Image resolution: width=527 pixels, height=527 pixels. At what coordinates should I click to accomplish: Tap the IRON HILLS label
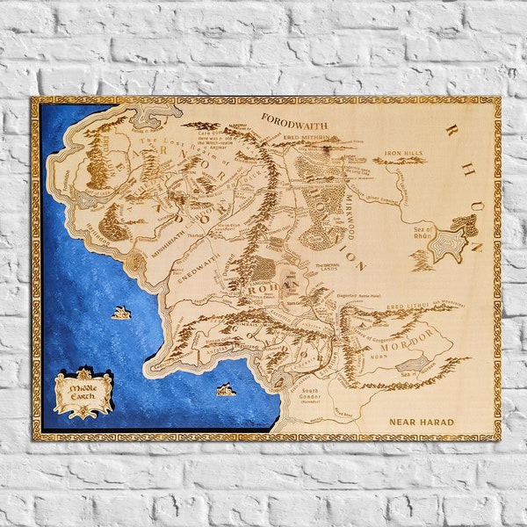pyautogui.click(x=402, y=152)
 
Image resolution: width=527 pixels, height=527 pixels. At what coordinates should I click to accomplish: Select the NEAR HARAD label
pyautogui.click(x=422, y=422)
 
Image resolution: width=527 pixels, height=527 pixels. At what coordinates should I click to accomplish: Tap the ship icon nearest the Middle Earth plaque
pyautogui.click(x=122, y=312)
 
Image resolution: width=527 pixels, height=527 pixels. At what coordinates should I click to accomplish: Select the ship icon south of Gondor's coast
pyautogui.click(x=226, y=388)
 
